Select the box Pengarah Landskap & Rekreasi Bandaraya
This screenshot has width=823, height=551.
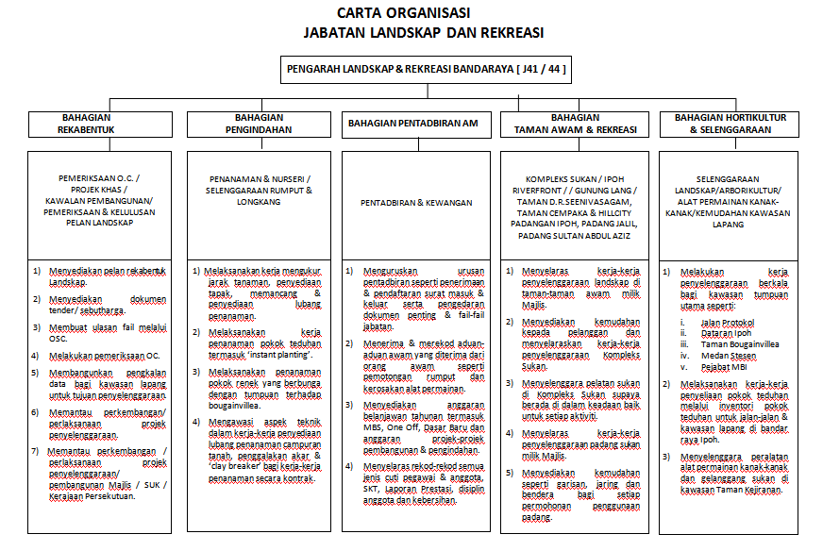coord(426,69)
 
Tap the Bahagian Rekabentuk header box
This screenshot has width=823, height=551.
coord(88,124)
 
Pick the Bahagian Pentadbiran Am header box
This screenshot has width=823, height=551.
coord(412,124)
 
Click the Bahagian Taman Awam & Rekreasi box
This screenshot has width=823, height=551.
coord(576,124)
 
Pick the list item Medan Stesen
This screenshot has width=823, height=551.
coord(730,356)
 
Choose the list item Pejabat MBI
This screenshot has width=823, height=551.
coord(726,367)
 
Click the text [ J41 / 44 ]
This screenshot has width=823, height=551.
coord(541,69)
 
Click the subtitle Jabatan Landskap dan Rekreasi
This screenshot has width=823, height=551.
coord(423,33)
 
